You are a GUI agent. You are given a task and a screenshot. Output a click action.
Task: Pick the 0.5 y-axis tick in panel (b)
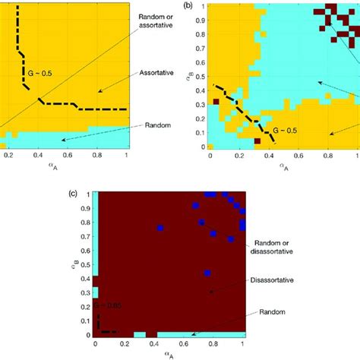coord(200,75)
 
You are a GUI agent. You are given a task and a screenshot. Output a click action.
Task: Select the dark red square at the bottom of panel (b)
coord(257,141)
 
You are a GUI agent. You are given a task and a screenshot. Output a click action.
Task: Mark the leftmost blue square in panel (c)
coord(161,228)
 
